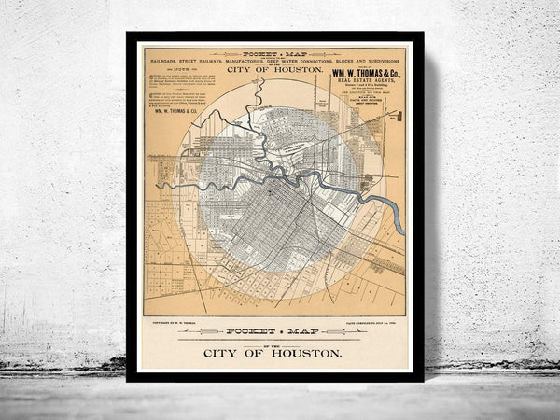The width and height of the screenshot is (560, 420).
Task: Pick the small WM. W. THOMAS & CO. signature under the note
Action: [183, 111]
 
